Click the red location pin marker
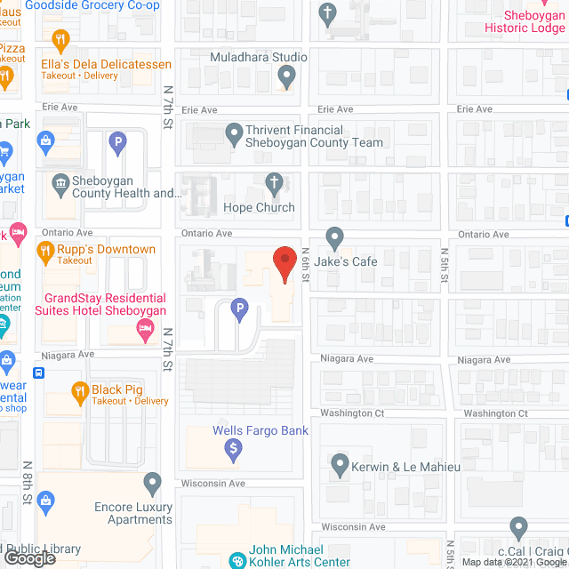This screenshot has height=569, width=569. tap(284, 264)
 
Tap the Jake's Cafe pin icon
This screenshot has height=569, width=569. tap(334, 237)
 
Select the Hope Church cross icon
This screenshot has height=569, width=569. tap(275, 184)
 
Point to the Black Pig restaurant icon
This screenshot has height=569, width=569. tap(80, 390)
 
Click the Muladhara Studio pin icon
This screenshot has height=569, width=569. tap(285, 77)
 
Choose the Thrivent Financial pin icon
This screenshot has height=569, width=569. tap(233, 136)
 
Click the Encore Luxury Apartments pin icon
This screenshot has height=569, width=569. tap(153, 485)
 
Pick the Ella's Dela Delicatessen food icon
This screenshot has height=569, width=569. tap(60, 40)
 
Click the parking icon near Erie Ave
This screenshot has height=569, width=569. tap(116, 141)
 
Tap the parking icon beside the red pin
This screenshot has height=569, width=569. tap(238, 309)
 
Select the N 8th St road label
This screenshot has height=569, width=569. tap(28, 483)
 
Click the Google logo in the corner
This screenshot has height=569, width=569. tap(29, 558)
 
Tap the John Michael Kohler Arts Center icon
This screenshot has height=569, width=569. tap(237, 560)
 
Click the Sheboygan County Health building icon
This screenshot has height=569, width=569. tap(60, 184)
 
